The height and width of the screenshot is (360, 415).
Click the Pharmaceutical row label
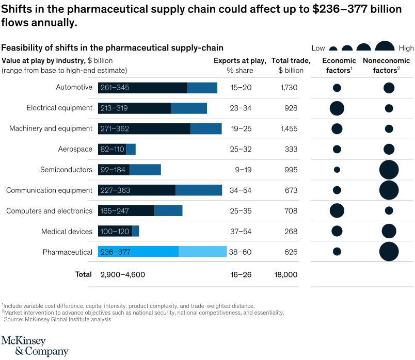(x=67, y=252)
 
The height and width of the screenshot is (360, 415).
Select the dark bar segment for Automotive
(x=155, y=88)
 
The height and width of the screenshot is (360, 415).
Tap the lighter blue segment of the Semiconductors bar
(x=145, y=170)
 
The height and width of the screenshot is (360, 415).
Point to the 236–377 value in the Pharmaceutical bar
(x=116, y=252)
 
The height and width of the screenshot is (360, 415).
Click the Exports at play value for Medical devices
(x=241, y=232)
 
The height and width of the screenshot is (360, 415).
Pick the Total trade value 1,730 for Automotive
(x=289, y=88)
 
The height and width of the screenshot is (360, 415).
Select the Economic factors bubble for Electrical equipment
(x=337, y=108)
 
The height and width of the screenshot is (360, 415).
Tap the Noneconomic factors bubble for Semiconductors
(x=389, y=170)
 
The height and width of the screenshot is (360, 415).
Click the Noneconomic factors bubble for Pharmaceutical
(x=389, y=252)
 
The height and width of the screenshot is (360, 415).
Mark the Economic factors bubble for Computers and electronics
(x=337, y=210)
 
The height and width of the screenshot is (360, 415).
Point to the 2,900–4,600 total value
(x=123, y=274)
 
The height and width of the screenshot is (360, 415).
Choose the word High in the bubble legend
(x=406, y=48)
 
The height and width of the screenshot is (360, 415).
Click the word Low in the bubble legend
(x=318, y=48)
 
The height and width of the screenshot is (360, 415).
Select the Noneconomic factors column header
(x=382, y=65)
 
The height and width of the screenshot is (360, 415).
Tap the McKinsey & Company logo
(x=35, y=346)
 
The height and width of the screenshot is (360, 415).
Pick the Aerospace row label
(x=75, y=149)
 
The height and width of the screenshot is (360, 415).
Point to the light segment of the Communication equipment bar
(x=199, y=190)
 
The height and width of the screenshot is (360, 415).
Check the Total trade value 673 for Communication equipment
(x=291, y=190)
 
